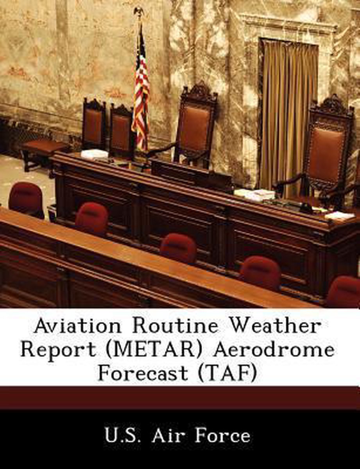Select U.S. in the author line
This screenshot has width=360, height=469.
pos(125,436)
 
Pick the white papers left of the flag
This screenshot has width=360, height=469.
pos(95,154)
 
